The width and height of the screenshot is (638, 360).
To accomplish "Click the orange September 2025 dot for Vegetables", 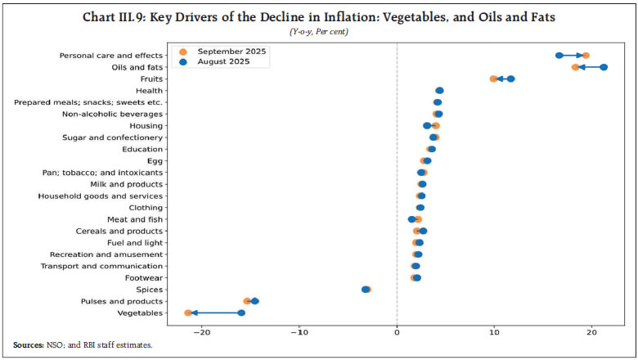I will click(x=188, y=313).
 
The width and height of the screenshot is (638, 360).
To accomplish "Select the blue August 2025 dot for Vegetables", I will click(x=241, y=313).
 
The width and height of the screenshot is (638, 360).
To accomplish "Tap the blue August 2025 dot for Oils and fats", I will click(x=604, y=67).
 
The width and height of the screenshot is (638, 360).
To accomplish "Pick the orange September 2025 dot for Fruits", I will click(x=493, y=79).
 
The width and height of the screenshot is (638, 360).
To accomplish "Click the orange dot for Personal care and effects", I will click(x=586, y=56).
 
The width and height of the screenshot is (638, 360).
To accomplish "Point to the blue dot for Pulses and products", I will click(x=255, y=301).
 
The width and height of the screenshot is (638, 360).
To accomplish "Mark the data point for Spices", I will click(x=366, y=290).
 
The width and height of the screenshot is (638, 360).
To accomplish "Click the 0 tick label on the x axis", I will click(x=397, y=332).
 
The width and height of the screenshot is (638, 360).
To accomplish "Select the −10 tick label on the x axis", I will click(x=299, y=332).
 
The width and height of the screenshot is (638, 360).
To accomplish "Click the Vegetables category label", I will click(x=140, y=313).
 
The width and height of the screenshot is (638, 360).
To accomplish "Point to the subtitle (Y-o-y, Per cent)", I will click(x=319, y=32).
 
